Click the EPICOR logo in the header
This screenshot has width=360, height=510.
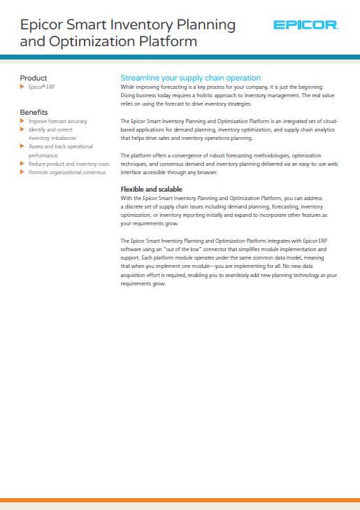(305, 27)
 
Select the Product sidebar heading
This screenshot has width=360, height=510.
(34, 78)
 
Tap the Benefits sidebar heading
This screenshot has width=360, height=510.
(34, 112)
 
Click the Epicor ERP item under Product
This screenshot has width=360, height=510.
(41, 87)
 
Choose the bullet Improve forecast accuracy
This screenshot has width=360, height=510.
(57, 121)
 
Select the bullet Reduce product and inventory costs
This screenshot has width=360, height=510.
(69, 164)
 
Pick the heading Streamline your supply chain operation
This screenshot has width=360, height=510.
(191, 78)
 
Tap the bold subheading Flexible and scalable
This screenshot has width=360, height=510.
(152, 189)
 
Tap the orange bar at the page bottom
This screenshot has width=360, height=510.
(180, 500)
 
